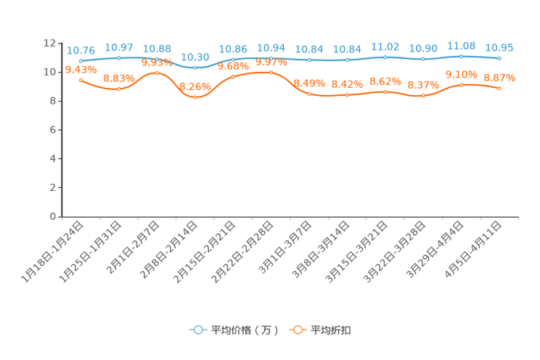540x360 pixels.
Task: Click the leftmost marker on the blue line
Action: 81,61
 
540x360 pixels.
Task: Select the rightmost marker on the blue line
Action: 499,58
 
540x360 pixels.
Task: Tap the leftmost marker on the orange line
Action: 81,78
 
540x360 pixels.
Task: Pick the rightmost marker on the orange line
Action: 499,88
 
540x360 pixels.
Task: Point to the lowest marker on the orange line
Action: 195,97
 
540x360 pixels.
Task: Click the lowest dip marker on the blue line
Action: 195,67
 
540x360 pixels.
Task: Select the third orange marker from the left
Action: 157,73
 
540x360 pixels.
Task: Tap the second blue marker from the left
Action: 118,57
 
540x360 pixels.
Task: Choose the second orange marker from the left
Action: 118,89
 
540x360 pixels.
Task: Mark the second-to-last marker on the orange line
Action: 461,84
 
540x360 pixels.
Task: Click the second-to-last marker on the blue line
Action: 461,56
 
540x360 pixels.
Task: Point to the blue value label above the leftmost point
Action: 81,50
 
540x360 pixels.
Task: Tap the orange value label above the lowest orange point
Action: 195,86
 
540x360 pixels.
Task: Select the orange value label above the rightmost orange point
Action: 499,77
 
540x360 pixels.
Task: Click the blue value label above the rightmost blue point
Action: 499,48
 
